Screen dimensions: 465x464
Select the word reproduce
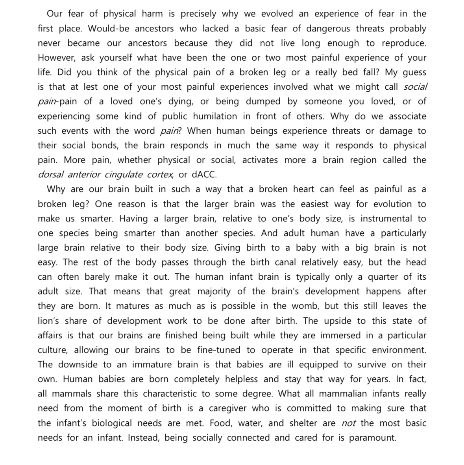[404, 43]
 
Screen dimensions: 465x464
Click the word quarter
[383, 277]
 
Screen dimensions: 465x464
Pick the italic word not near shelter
[348, 423]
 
